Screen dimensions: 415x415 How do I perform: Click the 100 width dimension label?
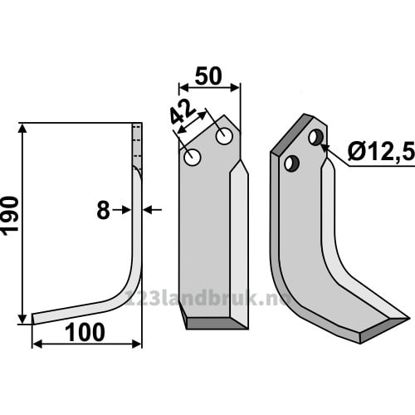(85, 333)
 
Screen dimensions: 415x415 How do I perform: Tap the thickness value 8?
(103, 210)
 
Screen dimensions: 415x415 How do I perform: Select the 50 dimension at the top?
(208, 76)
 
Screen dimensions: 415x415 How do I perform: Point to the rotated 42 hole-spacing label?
(183, 113)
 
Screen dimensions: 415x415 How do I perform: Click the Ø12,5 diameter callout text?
(381, 151)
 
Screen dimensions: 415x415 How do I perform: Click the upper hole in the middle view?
(224, 136)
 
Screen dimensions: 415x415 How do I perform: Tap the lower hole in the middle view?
(192, 158)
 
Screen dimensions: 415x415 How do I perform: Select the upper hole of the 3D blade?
(315, 138)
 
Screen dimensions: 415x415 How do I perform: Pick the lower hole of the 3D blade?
(291, 164)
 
